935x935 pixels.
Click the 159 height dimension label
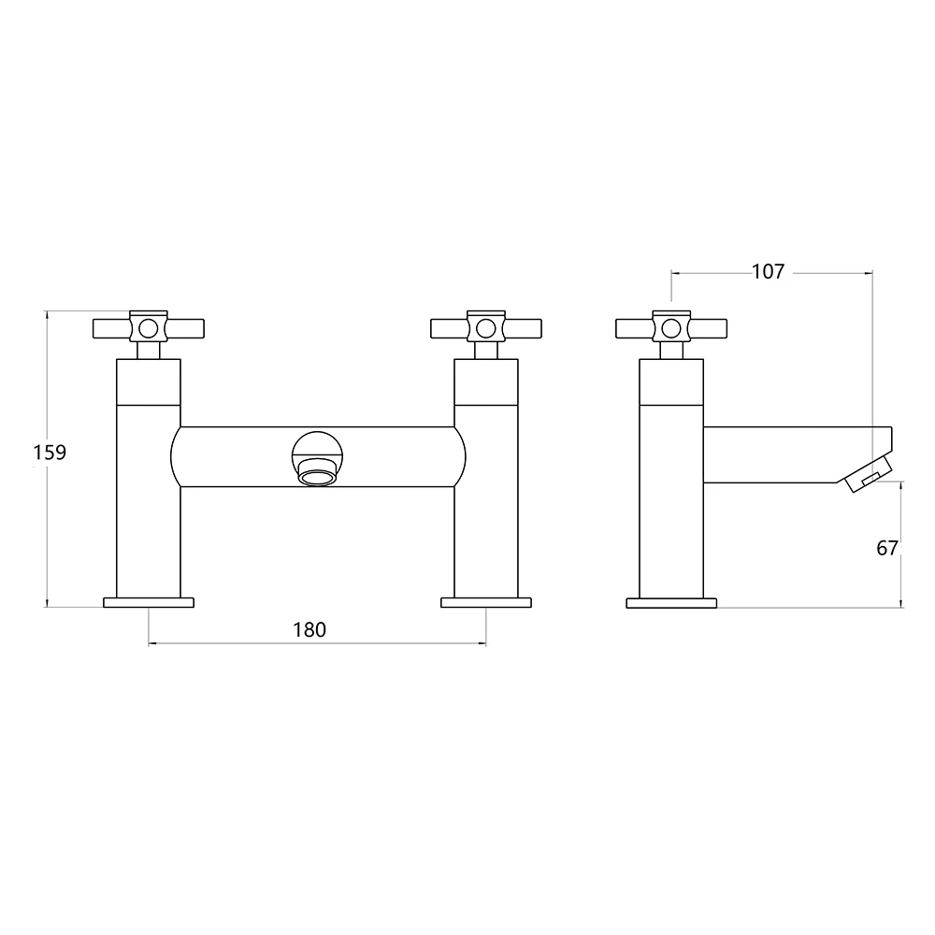click(x=49, y=453)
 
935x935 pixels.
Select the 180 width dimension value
click(x=309, y=630)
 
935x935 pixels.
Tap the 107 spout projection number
click(x=768, y=272)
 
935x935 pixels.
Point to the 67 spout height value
click(x=887, y=548)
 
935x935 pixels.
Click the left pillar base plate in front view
click(x=149, y=602)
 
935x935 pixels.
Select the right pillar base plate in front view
click(x=485, y=602)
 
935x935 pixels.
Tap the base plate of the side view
click(x=671, y=602)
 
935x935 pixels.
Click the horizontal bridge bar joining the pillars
click(x=234, y=456)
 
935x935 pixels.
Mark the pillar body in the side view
click(x=670, y=524)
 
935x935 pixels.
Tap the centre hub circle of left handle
click(x=148, y=328)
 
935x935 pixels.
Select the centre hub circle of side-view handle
click(x=670, y=328)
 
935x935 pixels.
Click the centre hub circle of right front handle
click(x=484, y=328)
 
